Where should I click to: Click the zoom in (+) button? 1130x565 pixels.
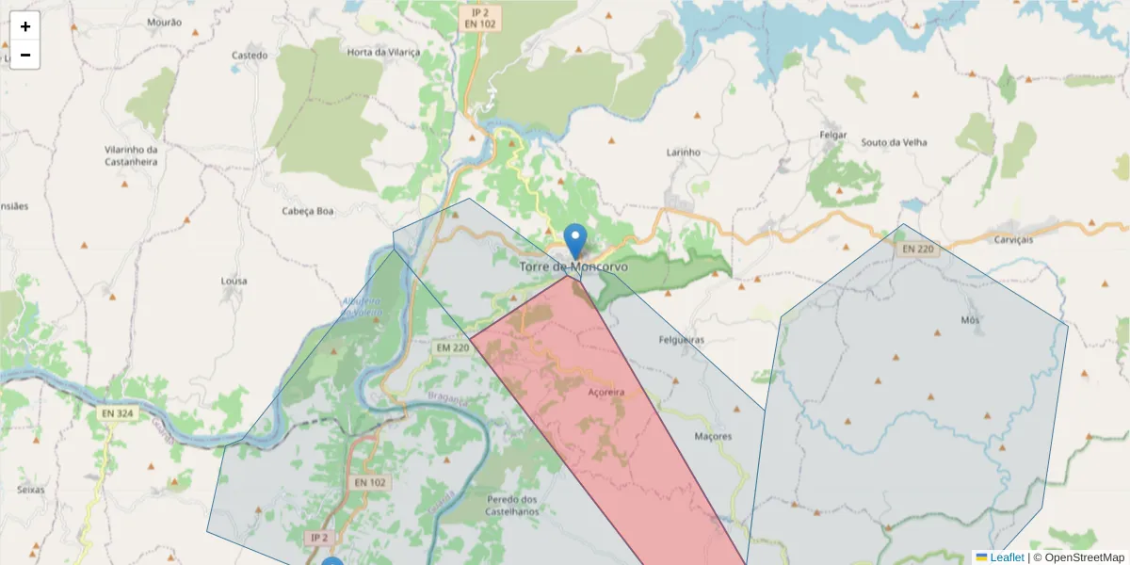(25, 26)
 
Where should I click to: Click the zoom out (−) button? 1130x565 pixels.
(25, 55)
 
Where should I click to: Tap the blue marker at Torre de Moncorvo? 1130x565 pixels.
(574, 240)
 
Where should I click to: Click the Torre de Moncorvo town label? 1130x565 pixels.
(573, 267)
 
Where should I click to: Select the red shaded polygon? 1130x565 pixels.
(603, 414)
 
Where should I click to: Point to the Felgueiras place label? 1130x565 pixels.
(682, 340)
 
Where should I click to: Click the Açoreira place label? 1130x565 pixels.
(605, 392)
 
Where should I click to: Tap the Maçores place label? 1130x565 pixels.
(712, 437)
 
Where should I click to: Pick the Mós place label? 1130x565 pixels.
(970, 320)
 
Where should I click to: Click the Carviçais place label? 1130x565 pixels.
(1013, 239)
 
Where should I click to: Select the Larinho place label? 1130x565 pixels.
(684, 152)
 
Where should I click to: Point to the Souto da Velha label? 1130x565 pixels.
(894, 142)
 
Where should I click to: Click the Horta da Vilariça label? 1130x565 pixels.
(383, 53)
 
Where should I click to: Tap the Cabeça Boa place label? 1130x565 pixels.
(308, 211)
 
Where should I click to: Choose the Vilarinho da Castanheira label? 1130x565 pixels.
(131, 155)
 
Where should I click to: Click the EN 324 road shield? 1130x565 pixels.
(118, 413)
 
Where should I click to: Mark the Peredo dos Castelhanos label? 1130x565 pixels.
(512, 505)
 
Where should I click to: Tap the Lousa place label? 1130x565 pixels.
(234, 281)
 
